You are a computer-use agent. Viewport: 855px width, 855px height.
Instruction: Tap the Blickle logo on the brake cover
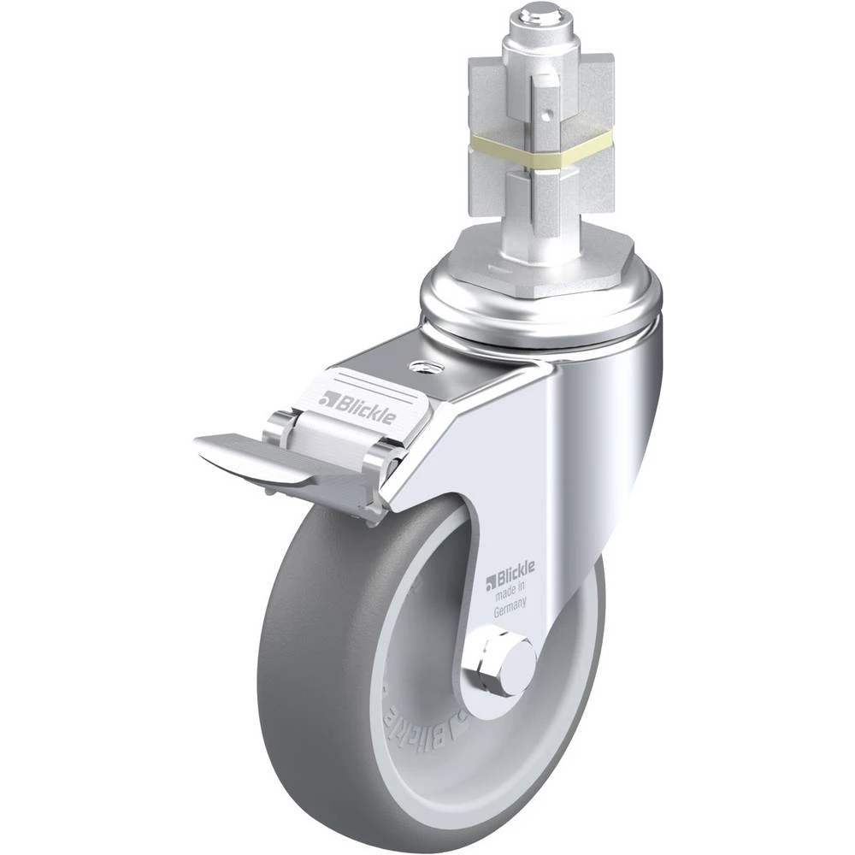(357, 404)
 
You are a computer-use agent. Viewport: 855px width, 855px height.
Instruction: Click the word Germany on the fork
(510, 607)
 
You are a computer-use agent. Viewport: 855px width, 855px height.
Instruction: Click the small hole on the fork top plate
(421, 367)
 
